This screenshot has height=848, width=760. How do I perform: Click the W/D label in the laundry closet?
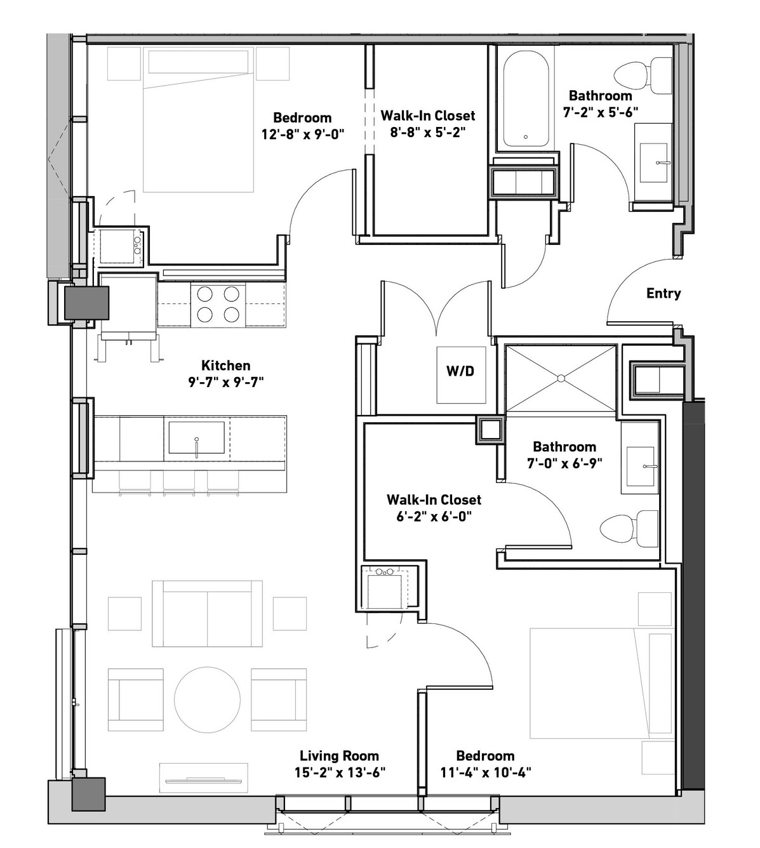[460, 371]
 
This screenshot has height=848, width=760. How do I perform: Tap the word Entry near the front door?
[663, 293]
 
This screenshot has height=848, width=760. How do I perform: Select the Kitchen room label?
[225, 366]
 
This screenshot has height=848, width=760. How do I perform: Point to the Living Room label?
[339, 756]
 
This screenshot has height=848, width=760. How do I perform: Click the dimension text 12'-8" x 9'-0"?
[303, 135]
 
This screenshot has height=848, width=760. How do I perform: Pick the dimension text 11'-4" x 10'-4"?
[485, 772]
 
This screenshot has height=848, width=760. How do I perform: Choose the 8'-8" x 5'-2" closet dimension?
[428, 133]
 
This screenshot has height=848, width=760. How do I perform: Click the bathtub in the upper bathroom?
[526, 99]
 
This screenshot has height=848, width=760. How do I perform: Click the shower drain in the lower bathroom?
[561, 378]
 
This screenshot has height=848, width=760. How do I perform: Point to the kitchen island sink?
[196, 437]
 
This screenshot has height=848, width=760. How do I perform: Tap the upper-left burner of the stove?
[204, 295]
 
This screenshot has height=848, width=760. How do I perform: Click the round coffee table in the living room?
[207, 699]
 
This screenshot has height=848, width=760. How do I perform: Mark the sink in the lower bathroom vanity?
[640, 467]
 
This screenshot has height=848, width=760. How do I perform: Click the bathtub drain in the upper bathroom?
[526, 137]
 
